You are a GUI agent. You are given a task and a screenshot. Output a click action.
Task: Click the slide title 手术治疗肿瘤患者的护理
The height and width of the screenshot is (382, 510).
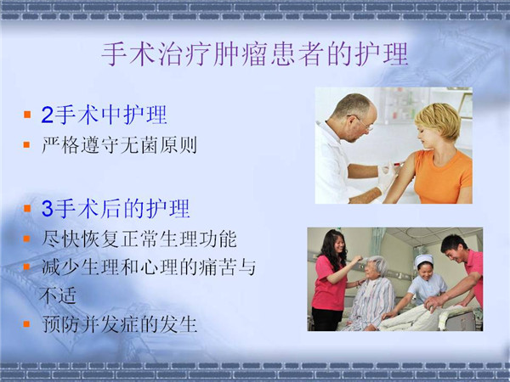tap(255, 54)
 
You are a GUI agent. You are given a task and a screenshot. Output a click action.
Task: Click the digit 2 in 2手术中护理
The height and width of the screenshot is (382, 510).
tap(47, 115)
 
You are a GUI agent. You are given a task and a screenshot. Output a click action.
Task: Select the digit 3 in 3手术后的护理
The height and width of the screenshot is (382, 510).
tap(47, 209)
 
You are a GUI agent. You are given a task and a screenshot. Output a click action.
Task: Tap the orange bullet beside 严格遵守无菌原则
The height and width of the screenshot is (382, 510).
tap(26, 144)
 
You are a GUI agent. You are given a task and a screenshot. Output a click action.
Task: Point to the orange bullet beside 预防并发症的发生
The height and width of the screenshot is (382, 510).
tap(26, 324)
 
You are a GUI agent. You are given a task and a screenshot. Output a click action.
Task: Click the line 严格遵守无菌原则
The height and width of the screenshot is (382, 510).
tap(119, 145)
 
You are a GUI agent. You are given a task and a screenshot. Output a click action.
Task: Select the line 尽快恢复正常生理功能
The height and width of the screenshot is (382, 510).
tap(139, 239)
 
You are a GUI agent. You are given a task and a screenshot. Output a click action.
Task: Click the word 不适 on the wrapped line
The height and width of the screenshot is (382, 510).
tap(58, 295)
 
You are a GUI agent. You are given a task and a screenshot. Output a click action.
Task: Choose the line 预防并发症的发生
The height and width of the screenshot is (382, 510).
tap(119, 324)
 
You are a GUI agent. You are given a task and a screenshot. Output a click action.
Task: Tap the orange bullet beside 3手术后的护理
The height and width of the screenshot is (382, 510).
tap(27, 208)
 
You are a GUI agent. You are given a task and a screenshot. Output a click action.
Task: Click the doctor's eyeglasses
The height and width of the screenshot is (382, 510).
tap(362, 122)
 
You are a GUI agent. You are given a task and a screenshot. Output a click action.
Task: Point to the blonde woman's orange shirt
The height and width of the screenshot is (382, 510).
tap(444, 177)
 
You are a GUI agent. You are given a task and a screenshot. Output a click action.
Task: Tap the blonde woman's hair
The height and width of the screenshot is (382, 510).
tap(439, 119)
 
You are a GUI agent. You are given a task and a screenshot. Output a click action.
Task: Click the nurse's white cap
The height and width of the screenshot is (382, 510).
tap(424, 261)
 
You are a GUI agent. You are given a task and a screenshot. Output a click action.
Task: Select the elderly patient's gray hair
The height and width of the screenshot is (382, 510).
tap(377, 265)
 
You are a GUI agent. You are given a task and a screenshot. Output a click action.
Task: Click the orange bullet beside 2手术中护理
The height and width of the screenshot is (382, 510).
tap(27, 115)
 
